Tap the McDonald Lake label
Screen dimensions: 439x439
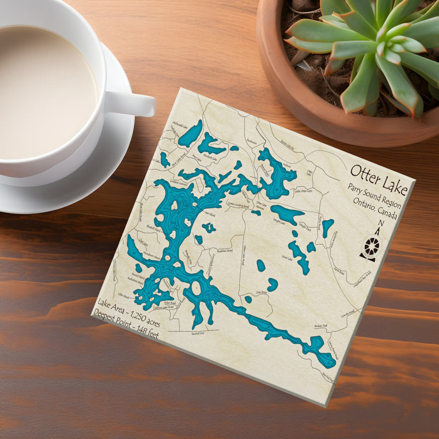(180, 124)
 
